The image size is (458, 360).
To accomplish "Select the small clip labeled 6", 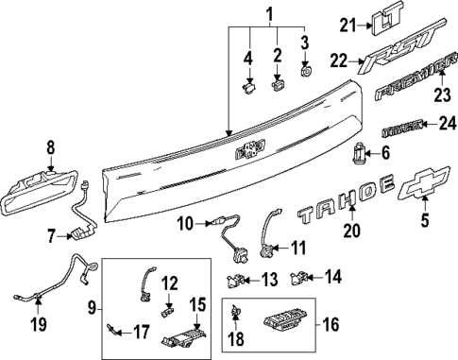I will tap(360, 153).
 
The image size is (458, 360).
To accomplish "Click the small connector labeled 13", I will tap(235, 280).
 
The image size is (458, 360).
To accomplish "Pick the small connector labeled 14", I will tap(301, 278).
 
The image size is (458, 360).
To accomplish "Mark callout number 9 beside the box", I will tap(92, 308).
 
